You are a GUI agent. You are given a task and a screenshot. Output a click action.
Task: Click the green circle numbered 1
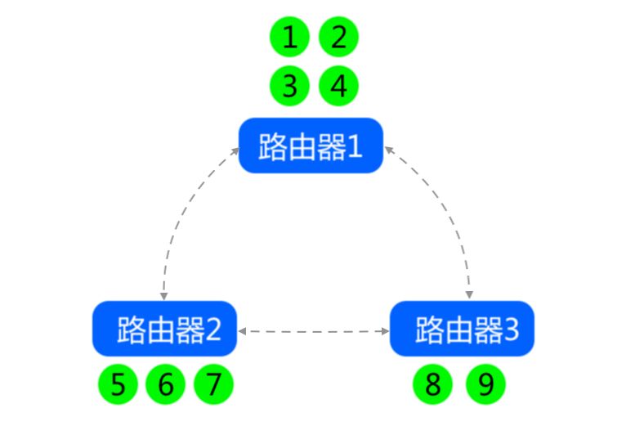click(x=289, y=38)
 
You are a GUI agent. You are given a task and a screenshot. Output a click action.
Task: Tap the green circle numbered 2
click(x=338, y=38)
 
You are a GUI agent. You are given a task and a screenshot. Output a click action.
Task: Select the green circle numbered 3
click(x=289, y=86)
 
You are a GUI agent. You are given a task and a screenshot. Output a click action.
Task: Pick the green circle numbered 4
click(x=338, y=86)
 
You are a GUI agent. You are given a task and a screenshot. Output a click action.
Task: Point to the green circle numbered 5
click(x=118, y=384)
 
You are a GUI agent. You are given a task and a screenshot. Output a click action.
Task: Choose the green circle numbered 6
click(x=166, y=384)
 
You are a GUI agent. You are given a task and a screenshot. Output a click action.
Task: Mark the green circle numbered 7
click(x=214, y=384)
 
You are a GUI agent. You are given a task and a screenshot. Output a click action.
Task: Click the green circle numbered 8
click(x=433, y=384)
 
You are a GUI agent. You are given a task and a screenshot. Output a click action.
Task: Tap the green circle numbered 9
click(x=485, y=384)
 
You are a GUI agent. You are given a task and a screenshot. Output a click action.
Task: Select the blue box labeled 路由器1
click(x=311, y=146)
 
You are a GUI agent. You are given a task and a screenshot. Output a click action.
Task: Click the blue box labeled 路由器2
click(x=164, y=330)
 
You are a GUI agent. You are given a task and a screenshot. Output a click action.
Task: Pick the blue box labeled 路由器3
click(x=462, y=330)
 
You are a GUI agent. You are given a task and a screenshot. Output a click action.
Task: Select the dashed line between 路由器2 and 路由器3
click(x=314, y=331)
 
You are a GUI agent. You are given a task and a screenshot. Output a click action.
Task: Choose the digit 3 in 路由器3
click(x=510, y=330)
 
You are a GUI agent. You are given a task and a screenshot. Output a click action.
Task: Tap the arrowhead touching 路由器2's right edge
click(x=243, y=331)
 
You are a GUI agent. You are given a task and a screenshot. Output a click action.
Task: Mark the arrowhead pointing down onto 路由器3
click(x=470, y=294)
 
